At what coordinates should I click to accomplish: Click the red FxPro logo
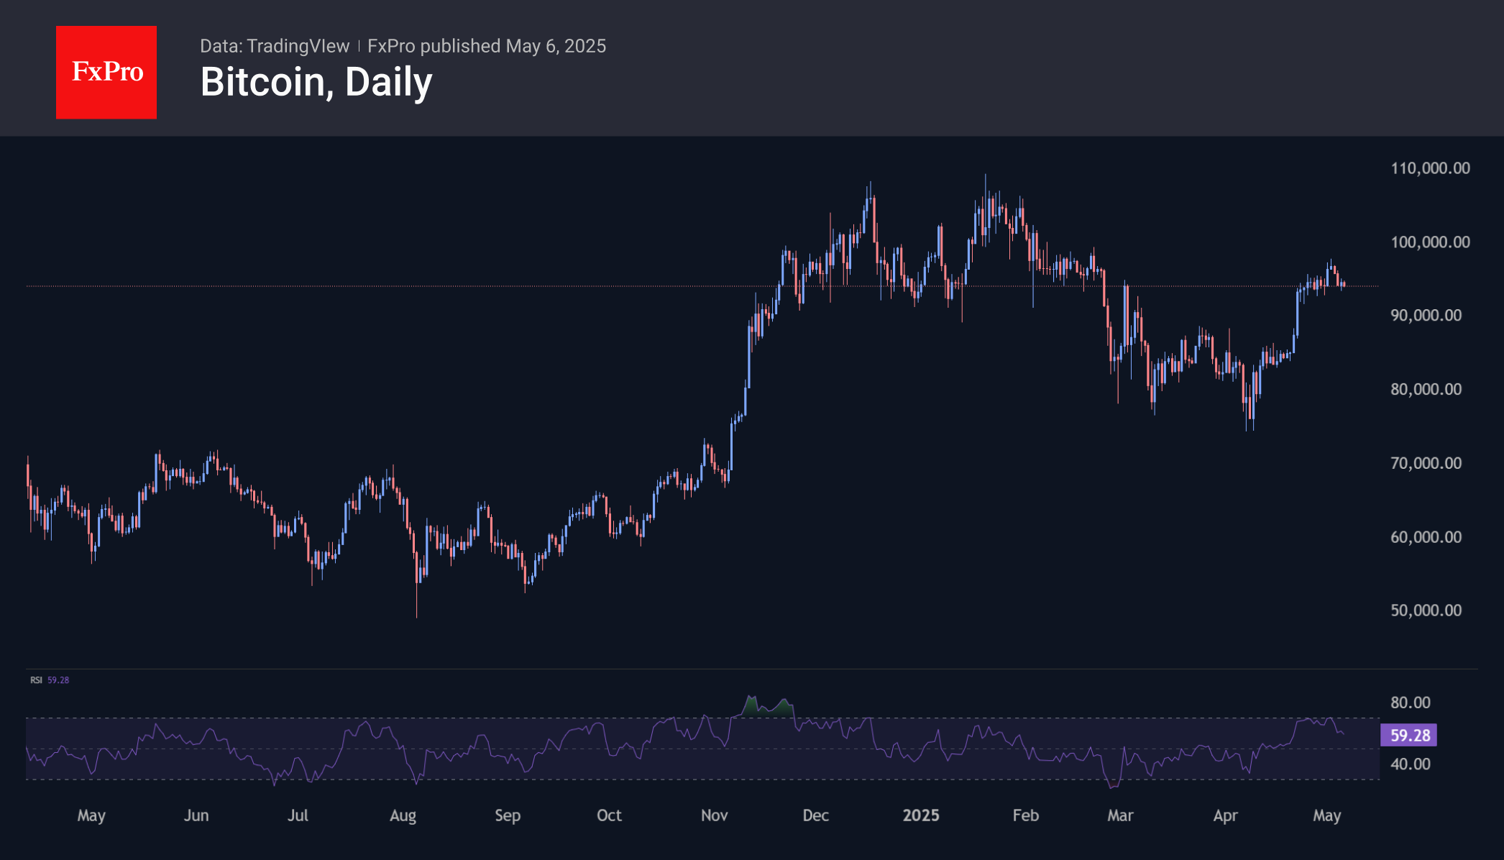pos(106,72)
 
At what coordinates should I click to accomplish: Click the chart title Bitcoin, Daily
pos(316,82)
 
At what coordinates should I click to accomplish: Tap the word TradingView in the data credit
pos(298,46)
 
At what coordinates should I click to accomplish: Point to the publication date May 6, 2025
pos(556,46)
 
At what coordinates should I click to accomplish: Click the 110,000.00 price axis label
pos(1430,168)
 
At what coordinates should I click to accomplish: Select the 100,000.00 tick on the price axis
pos(1430,242)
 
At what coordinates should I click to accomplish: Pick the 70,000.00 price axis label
pos(1426,463)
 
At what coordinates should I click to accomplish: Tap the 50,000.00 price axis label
pos(1426,610)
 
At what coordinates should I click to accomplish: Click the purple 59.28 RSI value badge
pos(1409,735)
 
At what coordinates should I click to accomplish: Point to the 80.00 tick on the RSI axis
pos(1410,703)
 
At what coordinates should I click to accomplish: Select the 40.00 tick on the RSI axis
pos(1410,764)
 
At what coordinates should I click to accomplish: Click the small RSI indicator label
pos(36,680)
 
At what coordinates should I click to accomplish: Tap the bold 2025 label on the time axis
pos(921,815)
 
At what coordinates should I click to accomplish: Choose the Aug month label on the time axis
pos(403,815)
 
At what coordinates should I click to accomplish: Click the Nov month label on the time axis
pos(714,815)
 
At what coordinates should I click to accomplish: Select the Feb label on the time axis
pos(1025,815)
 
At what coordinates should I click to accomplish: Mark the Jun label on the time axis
pos(196,815)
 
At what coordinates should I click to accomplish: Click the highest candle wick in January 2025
pos(985,177)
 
